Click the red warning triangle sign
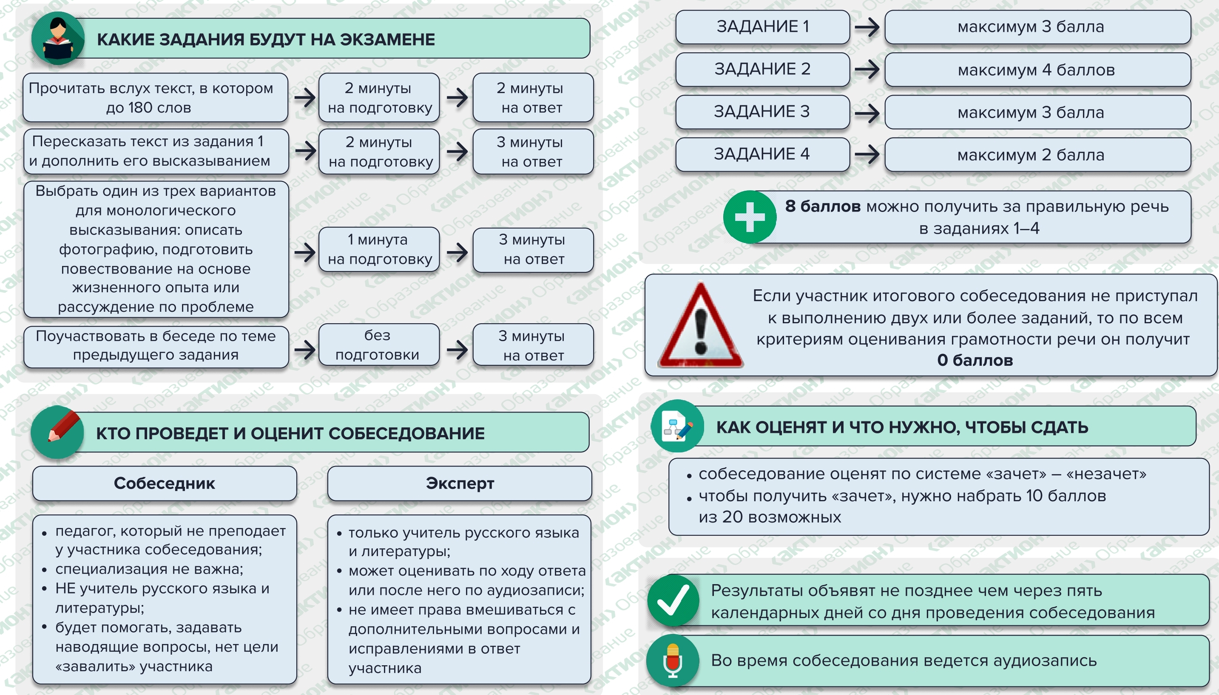click(700, 325)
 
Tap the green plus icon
click(750, 217)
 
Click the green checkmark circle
click(673, 601)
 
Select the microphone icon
click(673, 661)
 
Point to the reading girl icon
click(58, 38)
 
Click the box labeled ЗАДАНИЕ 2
click(762, 69)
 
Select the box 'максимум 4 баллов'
click(1037, 70)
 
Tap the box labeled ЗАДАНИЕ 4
click(762, 154)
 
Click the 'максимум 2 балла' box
click(1037, 155)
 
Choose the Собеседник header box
click(164, 483)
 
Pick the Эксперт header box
click(460, 483)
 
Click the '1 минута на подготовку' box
click(379, 249)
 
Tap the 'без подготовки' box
click(379, 345)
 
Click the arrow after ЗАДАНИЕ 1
click(867, 27)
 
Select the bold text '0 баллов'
click(975, 360)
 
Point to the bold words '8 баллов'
click(823, 206)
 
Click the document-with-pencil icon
click(677, 426)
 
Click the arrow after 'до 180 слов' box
click(305, 98)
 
